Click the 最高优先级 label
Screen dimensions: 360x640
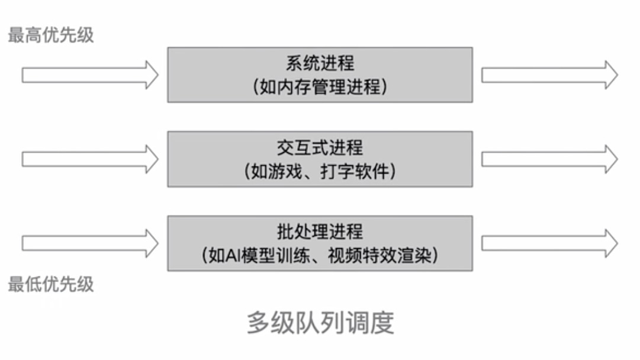(x=50, y=35)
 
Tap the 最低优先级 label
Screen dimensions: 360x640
(x=50, y=284)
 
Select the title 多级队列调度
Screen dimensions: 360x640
(x=320, y=323)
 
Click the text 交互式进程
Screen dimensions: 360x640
(x=320, y=147)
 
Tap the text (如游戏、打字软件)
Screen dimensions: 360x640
(x=320, y=172)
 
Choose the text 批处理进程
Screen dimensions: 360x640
(x=320, y=231)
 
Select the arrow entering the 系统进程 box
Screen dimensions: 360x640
(x=90, y=75)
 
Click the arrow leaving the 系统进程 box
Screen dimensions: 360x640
(x=549, y=75)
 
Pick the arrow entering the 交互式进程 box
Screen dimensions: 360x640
(x=90, y=159)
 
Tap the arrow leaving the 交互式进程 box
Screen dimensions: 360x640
(x=549, y=159)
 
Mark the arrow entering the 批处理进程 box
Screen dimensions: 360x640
(x=90, y=243)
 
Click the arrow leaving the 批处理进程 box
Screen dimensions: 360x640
(x=549, y=243)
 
